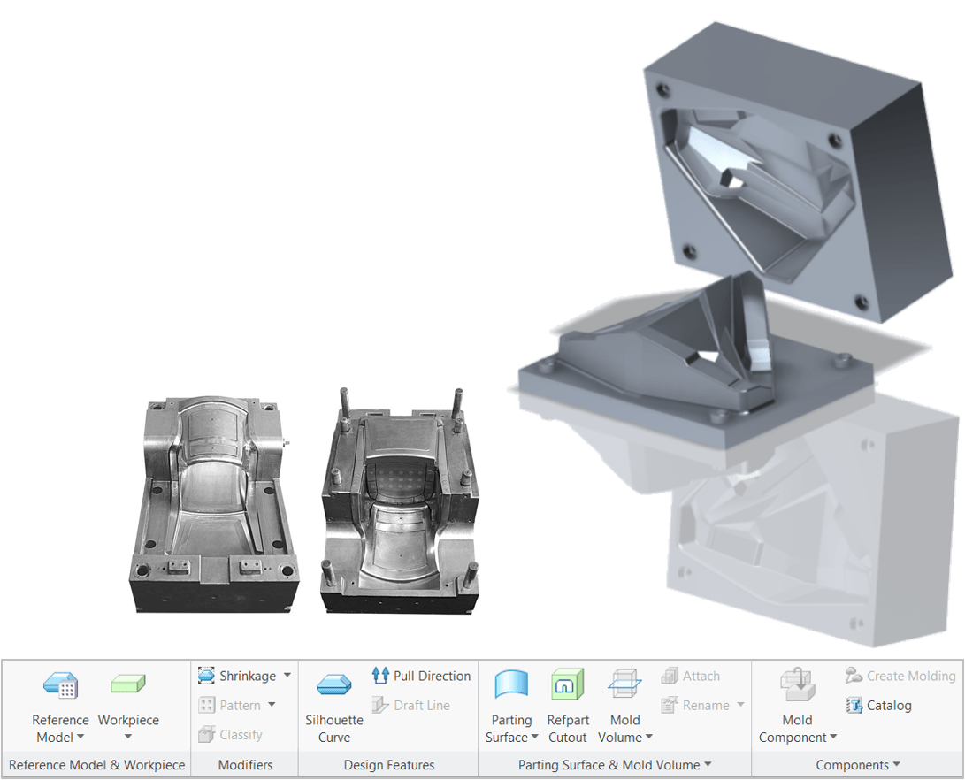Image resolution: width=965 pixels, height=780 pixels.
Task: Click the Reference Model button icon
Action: point(60,685)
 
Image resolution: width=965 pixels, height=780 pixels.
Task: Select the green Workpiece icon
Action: point(127,684)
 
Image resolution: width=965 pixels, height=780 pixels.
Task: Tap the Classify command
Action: point(231,734)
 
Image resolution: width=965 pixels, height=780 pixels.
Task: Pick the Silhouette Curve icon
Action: point(334,685)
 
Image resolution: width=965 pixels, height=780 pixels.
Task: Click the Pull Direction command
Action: point(421,676)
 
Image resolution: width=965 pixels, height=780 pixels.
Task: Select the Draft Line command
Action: point(411,705)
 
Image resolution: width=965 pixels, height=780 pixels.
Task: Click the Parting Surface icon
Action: point(511,685)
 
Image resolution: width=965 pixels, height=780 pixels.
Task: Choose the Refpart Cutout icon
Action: point(568,685)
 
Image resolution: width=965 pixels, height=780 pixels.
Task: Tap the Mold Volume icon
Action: point(624,685)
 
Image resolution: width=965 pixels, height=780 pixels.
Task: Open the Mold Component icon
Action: point(797,685)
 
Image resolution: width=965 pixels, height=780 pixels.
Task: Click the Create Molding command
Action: point(900,676)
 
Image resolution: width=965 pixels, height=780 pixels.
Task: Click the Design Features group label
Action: point(389,765)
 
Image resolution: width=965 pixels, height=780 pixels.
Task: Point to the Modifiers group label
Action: point(245,765)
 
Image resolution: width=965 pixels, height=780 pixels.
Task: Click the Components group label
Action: point(852,765)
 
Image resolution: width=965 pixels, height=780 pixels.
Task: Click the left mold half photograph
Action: point(214,500)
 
